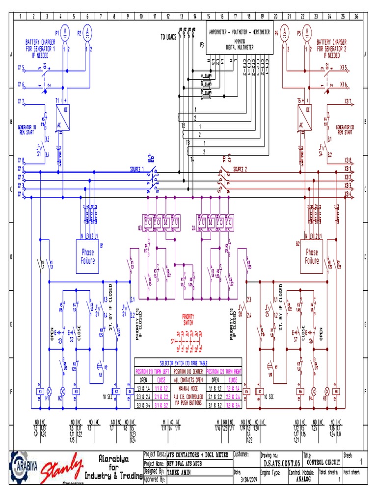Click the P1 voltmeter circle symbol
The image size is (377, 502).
tap(63, 33)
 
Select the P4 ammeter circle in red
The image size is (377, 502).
tap(284, 33)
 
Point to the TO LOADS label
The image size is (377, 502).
tap(168, 37)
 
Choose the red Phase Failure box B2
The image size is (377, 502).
tap(311, 256)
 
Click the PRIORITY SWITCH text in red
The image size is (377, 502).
tap(188, 319)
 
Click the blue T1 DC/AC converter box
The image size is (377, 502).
tap(63, 117)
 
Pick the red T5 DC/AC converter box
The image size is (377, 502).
tap(305, 117)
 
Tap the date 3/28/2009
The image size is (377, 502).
tap(249, 479)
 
